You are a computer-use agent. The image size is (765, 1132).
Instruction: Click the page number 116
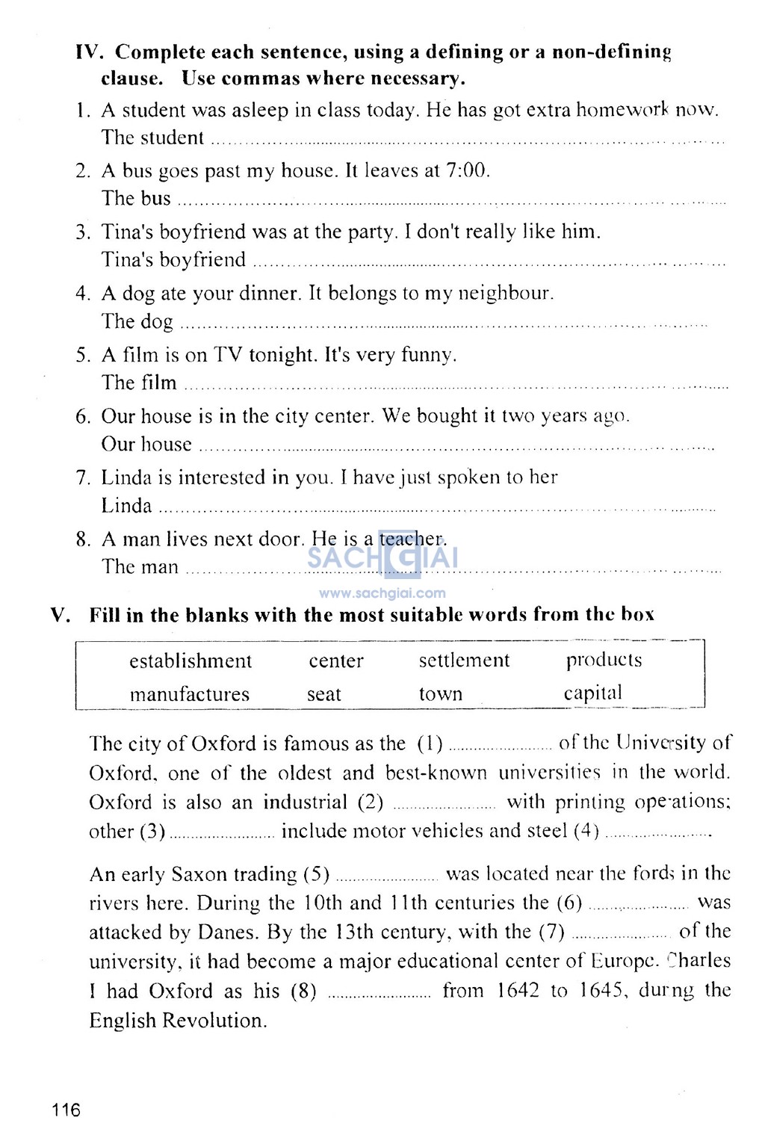click(66, 1110)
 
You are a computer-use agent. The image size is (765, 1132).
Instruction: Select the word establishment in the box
click(191, 661)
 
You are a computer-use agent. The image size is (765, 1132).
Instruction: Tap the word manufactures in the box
click(189, 694)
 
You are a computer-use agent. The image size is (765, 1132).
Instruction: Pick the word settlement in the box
click(464, 661)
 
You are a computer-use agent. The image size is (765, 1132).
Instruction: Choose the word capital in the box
click(592, 693)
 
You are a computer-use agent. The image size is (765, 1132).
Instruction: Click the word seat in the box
click(323, 694)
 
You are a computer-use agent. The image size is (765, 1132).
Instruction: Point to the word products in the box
click(604, 661)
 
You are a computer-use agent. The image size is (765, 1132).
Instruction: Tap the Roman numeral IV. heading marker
click(90, 52)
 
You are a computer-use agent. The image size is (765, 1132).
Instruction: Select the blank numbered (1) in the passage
click(500, 745)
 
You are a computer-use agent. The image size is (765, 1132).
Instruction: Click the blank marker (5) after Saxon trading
click(317, 874)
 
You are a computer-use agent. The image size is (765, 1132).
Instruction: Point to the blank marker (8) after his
click(303, 992)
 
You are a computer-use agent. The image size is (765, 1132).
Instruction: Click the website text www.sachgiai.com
click(382, 594)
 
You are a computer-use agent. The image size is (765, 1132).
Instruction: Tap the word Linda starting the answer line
click(126, 506)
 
